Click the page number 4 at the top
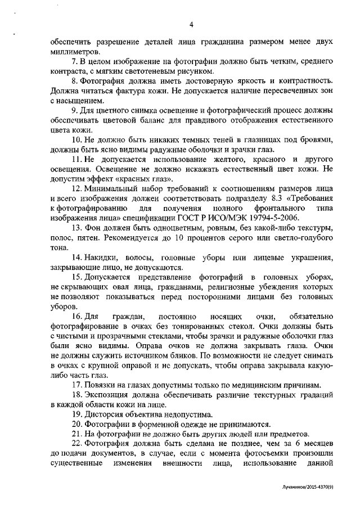[x=191, y=24]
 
